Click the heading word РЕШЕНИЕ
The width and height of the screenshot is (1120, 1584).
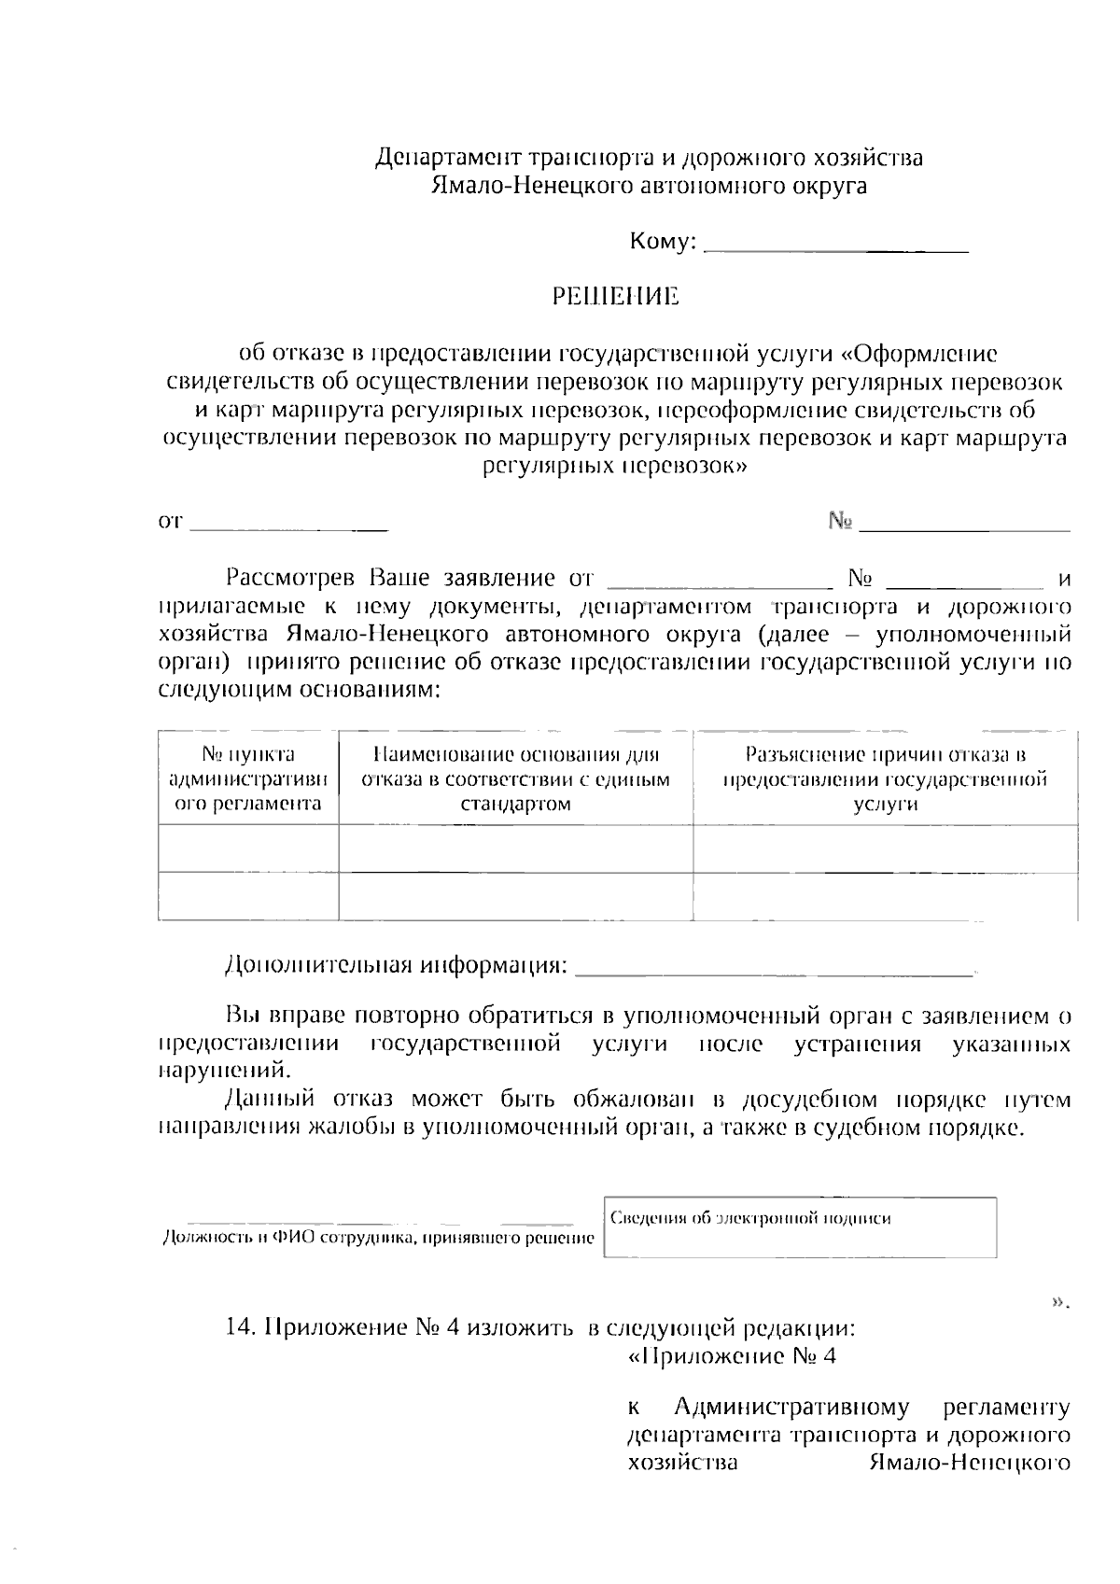[615, 297]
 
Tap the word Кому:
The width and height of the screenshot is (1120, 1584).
[664, 243]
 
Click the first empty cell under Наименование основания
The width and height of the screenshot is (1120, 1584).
[515, 848]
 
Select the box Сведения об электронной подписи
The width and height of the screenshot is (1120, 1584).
[800, 1227]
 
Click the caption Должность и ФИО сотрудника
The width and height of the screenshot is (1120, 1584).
[378, 1239]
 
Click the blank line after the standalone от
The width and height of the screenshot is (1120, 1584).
[289, 528]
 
